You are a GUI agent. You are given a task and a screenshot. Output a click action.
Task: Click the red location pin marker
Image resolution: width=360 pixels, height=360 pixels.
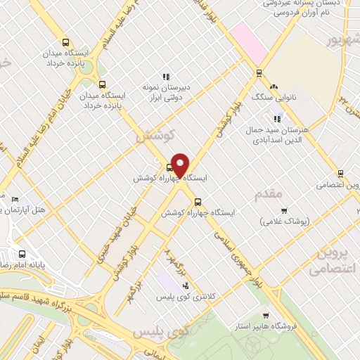pos(180,165)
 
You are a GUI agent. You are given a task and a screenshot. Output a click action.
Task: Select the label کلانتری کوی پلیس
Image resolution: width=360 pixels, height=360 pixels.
pos(185,297)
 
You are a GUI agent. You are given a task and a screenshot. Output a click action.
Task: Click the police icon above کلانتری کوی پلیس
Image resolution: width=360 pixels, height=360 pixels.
pos(185,285)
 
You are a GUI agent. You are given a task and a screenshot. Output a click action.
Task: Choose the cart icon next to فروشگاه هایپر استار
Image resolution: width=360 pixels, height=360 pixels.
pos(265,315)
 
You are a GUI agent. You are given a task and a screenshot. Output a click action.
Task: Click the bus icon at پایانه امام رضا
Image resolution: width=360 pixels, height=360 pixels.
pos(22,254)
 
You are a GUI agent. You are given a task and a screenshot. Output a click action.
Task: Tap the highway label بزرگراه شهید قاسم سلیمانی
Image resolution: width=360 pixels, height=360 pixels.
pos(49,295)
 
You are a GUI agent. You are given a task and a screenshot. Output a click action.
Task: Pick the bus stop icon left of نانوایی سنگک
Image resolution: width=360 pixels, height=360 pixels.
pos(259,73)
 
